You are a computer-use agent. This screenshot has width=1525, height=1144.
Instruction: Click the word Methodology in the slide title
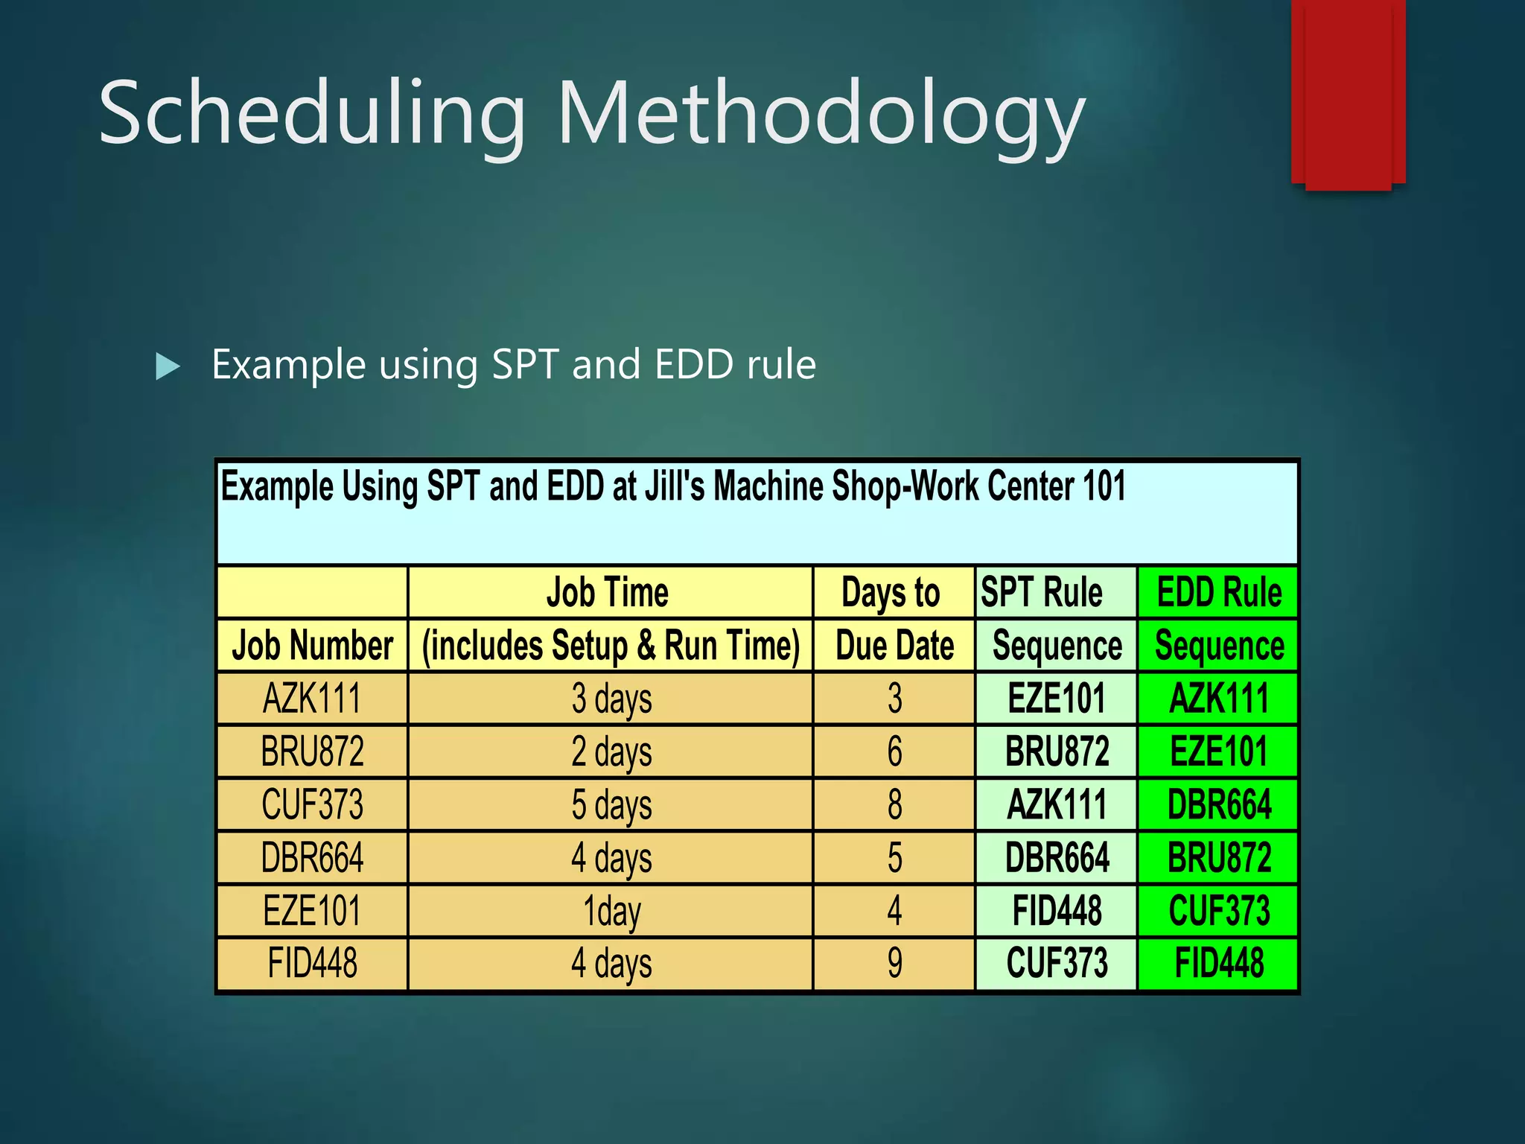[x=821, y=113]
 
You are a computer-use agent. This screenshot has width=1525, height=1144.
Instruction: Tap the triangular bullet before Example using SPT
[x=168, y=366]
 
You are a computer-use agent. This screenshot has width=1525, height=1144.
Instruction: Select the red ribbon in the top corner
[x=1348, y=93]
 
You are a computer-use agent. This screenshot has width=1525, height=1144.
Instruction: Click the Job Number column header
[x=313, y=645]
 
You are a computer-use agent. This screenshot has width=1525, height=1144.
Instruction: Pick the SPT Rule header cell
[x=1041, y=593]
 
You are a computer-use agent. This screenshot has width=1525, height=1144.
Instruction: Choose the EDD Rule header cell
[x=1219, y=593]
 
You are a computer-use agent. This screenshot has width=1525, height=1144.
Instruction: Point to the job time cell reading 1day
[x=611, y=911]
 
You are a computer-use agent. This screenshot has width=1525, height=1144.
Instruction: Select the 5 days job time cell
[x=611, y=805]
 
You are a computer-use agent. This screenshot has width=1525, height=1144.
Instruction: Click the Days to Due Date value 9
[x=894, y=963]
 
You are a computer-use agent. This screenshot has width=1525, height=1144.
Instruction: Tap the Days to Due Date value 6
[x=894, y=751]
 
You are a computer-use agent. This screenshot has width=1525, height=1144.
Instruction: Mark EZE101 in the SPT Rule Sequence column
[x=1057, y=699]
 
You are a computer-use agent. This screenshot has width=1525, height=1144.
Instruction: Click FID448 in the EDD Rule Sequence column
[x=1219, y=963]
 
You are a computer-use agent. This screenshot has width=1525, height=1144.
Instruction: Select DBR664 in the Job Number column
[x=313, y=858]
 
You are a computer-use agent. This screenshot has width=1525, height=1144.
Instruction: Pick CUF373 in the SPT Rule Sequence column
[x=1057, y=963]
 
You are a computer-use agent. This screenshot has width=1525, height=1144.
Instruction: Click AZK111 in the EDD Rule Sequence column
[x=1219, y=699]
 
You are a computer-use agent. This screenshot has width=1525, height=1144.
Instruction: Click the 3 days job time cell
[x=611, y=699]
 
